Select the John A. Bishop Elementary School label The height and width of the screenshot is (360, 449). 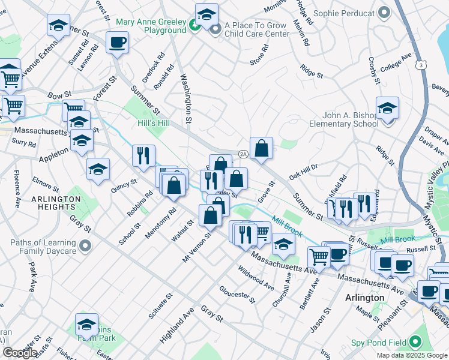tap(344, 119)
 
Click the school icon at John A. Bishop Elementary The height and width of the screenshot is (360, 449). tap(387, 109)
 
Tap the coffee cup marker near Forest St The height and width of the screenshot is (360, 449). tap(117, 43)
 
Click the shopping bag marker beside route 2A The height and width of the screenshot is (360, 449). tap(261, 148)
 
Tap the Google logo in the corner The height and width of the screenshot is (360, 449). tap(19, 352)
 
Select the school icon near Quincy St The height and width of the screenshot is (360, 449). tap(98, 169)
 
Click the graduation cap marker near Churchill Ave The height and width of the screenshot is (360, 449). tap(283, 244)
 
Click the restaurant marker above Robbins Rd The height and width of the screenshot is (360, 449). tap(143, 156)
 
